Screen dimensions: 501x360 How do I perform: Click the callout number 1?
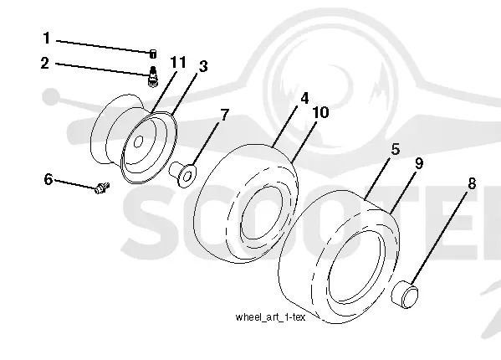point(47,38)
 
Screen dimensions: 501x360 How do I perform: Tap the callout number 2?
point(45,63)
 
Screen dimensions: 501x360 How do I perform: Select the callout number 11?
point(178,62)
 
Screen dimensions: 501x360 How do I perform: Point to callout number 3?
point(203,66)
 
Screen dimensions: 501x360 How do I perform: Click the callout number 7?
point(225,115)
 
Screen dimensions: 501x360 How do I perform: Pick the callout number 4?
point(304,98)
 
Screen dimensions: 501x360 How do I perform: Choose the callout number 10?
point(320,112)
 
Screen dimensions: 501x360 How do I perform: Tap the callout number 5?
point(396,150)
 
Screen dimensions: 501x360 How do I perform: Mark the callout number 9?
point(419,163)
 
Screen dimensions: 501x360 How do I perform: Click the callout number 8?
point(472,184)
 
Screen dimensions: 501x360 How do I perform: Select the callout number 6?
point(49,179)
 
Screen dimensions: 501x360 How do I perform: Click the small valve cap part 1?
point(153,54)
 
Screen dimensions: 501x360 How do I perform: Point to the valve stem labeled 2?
point(153,76)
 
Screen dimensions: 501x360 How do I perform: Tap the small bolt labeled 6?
point(102,188)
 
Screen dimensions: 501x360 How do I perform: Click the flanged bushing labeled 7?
point(183,175)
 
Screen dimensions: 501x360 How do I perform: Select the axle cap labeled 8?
point(405,294)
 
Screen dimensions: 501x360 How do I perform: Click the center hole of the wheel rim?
point(138,142)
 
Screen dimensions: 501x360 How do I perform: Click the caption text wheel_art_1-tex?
point(270,317)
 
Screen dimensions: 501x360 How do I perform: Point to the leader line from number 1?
point(103,46)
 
